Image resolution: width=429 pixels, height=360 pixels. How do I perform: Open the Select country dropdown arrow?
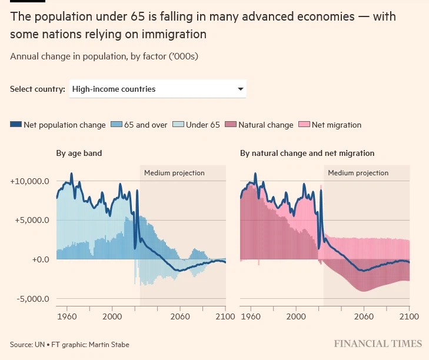[x=240, y=89]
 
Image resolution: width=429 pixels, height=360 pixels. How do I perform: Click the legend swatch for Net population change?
[x=16, y=125]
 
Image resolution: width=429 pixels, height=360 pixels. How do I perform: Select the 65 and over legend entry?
[x=140, y=125]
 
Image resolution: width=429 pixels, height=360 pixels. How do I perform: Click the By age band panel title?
[x=79, y=153]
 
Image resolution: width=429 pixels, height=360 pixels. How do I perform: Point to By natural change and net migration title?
[x=307, y=153]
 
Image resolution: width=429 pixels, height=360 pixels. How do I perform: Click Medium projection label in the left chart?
[x=174, y=173]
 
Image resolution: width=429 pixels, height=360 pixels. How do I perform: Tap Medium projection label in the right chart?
[x=358, y=173]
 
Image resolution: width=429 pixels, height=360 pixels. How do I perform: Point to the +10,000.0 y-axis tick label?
[x=29, y=181]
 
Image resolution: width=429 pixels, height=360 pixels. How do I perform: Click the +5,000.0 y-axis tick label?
[x=31, y=221]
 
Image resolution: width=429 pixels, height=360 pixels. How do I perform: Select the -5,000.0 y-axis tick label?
[x=32, y=299]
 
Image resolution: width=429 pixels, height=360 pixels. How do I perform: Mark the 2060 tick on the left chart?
[x=180, y=316]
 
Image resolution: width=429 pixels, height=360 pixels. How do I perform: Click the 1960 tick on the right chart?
[x=251, y=316]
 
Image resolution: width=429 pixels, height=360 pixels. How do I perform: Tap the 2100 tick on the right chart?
[x=409, y=316]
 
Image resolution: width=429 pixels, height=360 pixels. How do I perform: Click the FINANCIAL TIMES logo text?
[x=378, y=344]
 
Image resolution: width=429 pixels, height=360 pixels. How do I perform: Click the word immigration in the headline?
[x=172, y=34]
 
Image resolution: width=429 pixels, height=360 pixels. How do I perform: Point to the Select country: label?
[x=38, y=89]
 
